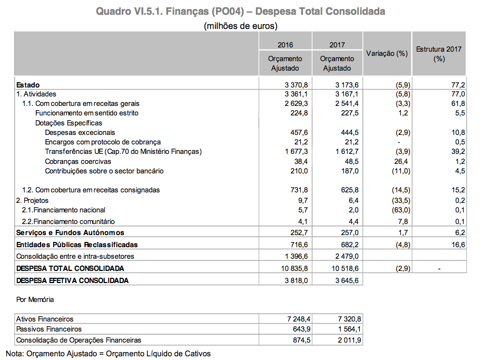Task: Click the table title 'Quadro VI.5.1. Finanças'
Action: click(240, 11)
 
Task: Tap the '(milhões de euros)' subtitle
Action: click(240, 25)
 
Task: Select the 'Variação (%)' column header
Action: click(387, 54)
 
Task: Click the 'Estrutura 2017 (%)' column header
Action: click(439, 54)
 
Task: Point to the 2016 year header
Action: click(285, 45)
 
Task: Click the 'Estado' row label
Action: click(28, 84)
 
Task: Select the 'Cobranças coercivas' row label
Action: click(78, 161)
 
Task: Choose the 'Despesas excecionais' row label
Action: click(80, 132)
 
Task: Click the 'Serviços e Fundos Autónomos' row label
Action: click(70, 232)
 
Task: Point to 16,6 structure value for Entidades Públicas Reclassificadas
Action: click(458, 245)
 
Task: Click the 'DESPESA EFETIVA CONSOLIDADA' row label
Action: click(72, 280)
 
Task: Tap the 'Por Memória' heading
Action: click(35, 299)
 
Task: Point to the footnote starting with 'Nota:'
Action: click(108, 353)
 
